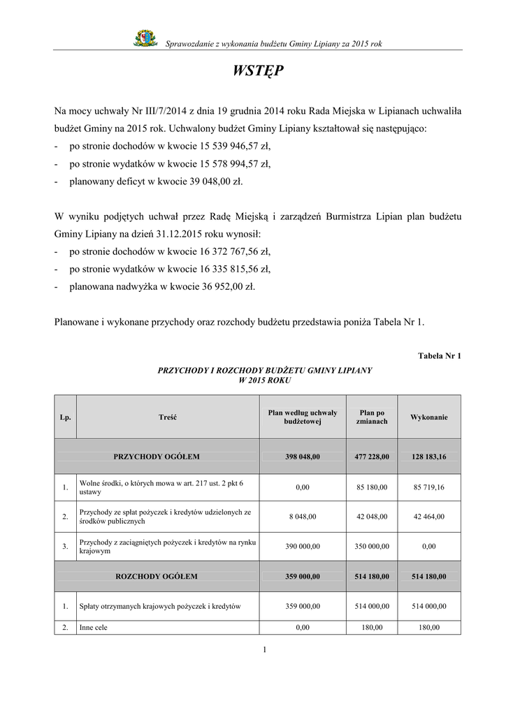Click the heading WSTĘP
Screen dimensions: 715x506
pos(258,72)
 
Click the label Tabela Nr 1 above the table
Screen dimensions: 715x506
pos(439,356)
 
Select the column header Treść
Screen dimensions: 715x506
pos(168,417)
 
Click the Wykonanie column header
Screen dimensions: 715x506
pos(429,417)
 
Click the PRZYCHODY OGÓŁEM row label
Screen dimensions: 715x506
pos(157,457)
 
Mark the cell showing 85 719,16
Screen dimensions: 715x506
pos(429,487)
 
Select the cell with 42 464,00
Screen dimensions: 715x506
pos(429,517)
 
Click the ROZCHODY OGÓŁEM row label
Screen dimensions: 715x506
pos(157,577)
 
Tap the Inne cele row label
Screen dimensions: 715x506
pos(94,627)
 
